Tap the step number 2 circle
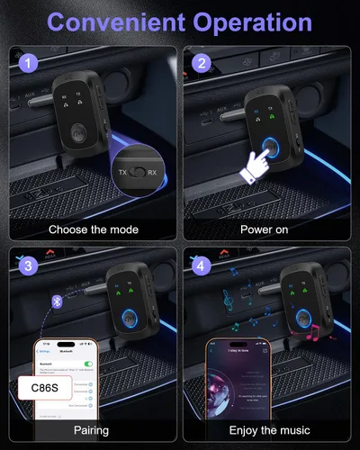202,63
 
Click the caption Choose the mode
94,229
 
